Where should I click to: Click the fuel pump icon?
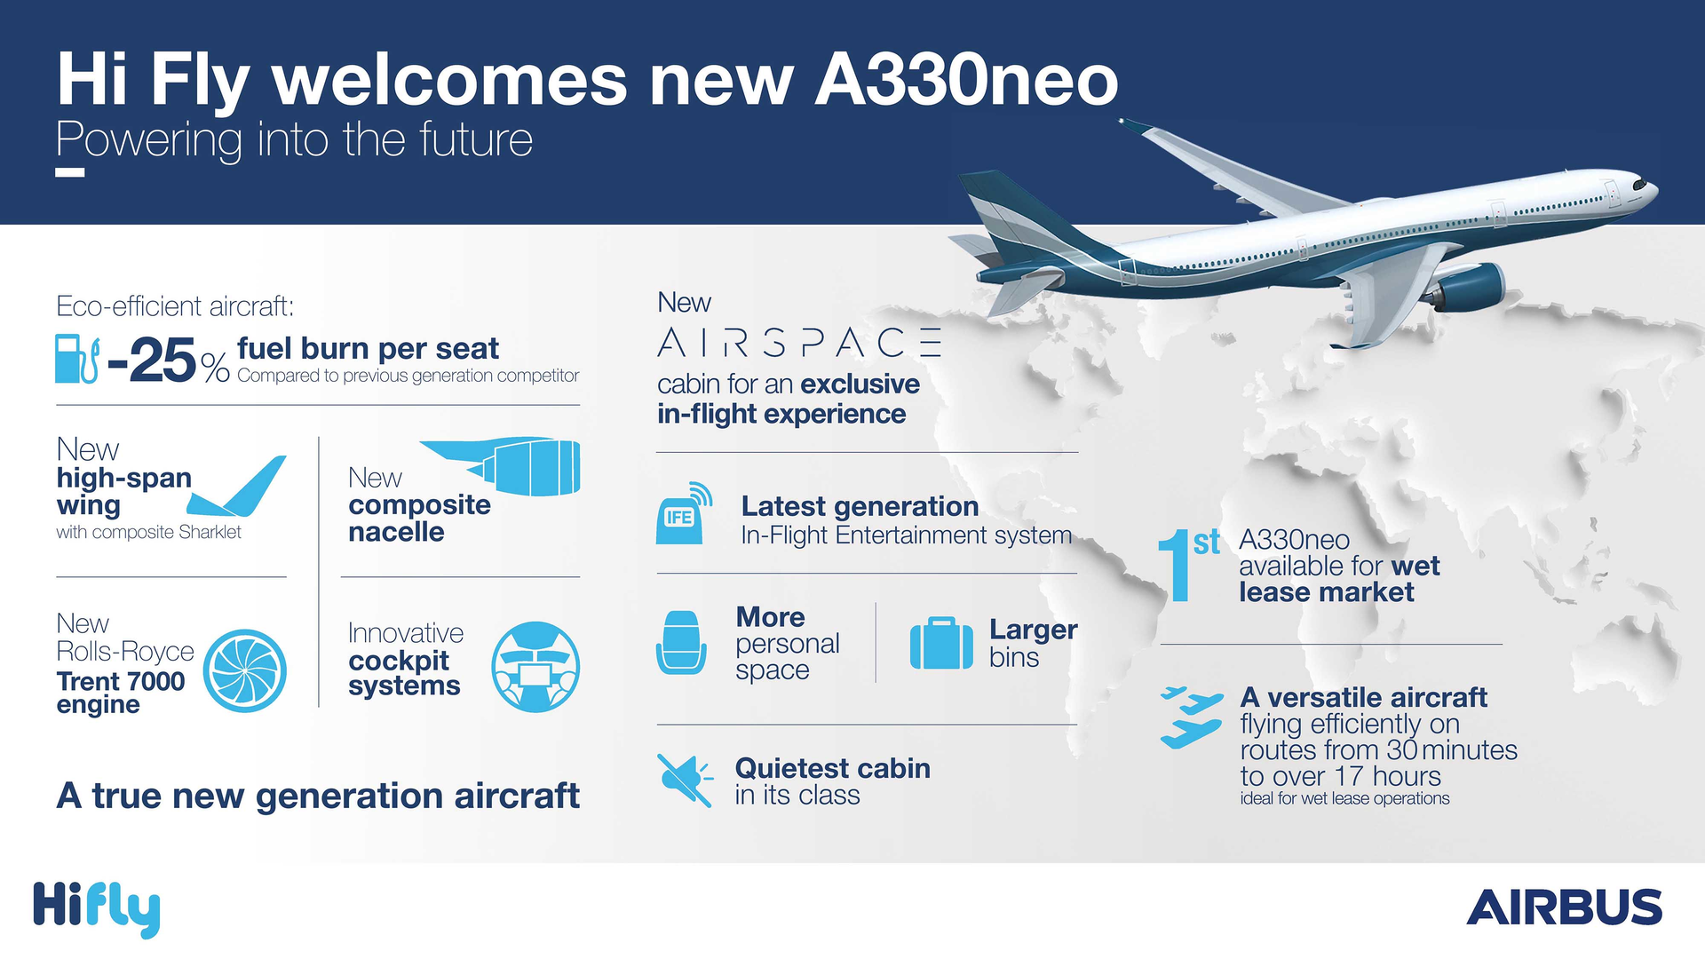tap(76, 359)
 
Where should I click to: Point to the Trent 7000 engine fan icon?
tap(244, 670)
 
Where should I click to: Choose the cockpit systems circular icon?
tap(535, 667)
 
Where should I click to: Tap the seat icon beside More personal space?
tap(681, 643)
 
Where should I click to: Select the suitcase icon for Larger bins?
tap(941, 643)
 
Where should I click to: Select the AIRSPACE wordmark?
tap(798, 343)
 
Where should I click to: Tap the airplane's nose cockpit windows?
tap(1638, 185)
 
